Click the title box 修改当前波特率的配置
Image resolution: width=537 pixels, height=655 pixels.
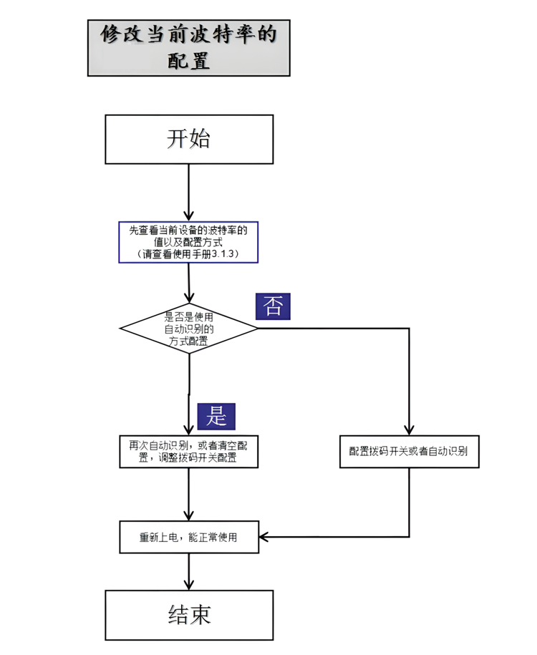click(x=189, y=47)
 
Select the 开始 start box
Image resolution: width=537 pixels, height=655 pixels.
click(x=189, y=139)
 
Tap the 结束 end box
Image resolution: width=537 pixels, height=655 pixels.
click(x=189, y=614)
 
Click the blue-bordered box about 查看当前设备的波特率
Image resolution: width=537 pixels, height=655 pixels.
click(x=188, y=242)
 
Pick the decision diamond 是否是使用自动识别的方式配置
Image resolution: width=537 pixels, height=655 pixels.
click(x=188, y=329)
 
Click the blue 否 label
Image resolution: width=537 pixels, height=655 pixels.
click(x=273, y=306)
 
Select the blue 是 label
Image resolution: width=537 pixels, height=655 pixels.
click(x=216, y=415)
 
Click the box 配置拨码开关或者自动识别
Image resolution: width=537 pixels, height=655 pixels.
click(x=408, y=451)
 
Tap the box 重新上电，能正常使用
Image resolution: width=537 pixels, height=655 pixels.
click(x=188, y=538)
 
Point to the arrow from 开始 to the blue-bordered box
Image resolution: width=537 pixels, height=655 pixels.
click(x=189, y=190)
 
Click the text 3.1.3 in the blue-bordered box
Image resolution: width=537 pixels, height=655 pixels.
click(x=225, y=254)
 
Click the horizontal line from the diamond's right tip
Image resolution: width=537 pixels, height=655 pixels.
click(x=333, y=329)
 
